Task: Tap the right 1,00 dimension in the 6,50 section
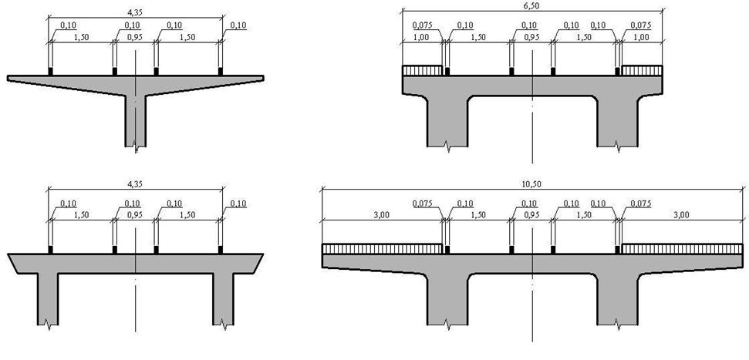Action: coord(642,37)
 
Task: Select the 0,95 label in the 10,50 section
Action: coord(532,215)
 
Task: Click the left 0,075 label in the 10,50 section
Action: coord(423,204)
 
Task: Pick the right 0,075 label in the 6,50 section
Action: coord(641,25)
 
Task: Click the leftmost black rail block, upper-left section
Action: coord(51,72)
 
